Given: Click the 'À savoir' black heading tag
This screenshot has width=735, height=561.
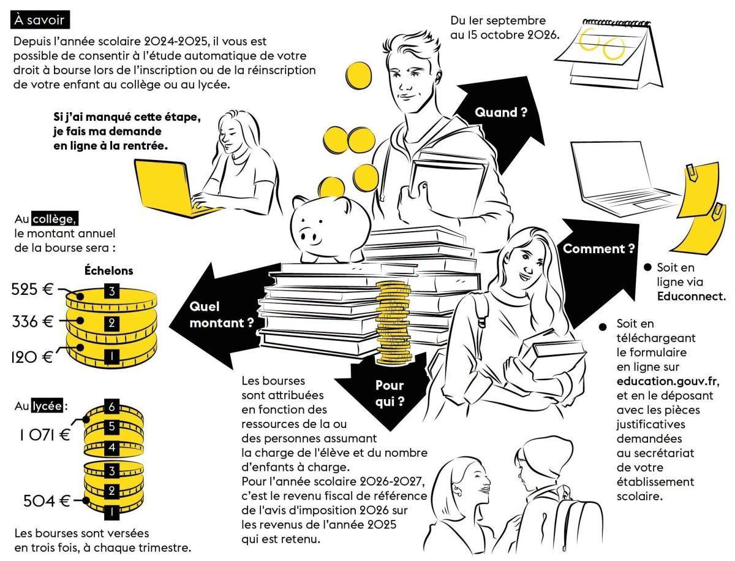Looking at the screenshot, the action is (x=40, y=20).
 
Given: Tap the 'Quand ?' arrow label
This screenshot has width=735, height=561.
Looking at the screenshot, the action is (x=500, y=112).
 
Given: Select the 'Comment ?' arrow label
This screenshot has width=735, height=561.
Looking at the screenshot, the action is (x=598, y=249).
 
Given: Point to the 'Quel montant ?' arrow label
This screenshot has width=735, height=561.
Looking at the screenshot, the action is (x=222, y=315).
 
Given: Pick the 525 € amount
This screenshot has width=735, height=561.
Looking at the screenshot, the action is (x=32, y=289).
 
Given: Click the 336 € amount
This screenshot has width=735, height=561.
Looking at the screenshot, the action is (x=32, y=322).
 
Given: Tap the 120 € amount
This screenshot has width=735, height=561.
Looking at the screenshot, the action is (x=32, y=357).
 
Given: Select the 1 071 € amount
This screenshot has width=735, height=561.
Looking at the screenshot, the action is (x=45, y=435).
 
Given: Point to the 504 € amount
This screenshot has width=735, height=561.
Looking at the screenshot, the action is (x=47, y=502).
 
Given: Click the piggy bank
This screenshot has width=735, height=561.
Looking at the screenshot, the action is (x=330, y=229).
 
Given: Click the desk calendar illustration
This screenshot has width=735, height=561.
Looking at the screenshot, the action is (x=609, y=53).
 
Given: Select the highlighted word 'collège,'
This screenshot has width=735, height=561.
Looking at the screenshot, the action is (x=55, y=219).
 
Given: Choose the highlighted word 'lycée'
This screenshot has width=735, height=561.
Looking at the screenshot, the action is (x=47, y=406).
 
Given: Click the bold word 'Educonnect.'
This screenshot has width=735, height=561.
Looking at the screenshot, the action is (x=691, y=296).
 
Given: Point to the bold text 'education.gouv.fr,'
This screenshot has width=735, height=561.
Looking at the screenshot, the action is (x=668, y=381).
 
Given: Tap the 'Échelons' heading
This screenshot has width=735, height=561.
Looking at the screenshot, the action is (x=108, y=270).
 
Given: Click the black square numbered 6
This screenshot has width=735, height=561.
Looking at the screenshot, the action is (x=111, y=407).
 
